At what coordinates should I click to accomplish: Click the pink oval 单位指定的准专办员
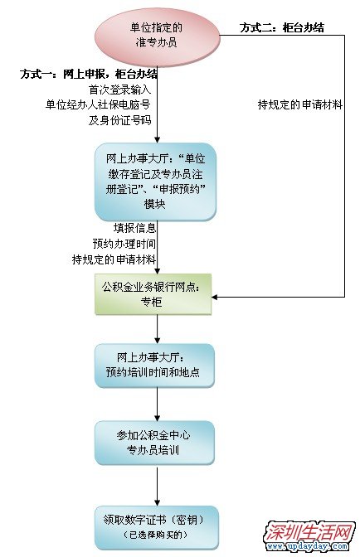click(157, 36)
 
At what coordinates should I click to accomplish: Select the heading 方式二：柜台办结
click(282, 27)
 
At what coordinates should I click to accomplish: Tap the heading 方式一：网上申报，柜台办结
click(89, 74)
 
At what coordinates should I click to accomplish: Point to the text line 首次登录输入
click(119, 90)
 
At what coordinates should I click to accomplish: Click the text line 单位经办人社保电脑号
click(98, 104)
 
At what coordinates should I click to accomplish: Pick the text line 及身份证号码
click(119, 120)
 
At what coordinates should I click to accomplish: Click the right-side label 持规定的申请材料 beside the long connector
click(300, 104)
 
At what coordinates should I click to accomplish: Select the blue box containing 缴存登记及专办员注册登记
click(155, 182)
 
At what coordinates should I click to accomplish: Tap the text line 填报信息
click(134, 228)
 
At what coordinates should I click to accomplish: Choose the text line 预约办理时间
click(124, 244)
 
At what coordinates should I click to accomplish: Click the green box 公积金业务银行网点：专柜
click(153, 294)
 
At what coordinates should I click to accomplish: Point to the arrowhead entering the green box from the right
click(215, 297)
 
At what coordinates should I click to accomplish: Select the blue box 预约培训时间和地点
click(154, 366)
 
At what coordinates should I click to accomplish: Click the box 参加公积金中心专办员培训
click(154, 443)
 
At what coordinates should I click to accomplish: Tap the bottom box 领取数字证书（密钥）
click(157, 527)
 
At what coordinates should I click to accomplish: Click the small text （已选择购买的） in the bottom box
click(156, 535)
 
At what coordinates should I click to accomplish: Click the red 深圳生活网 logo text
click(309, 532)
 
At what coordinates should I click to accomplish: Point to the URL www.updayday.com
click(307, 546)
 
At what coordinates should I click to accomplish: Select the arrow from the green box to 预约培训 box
click(157, 329)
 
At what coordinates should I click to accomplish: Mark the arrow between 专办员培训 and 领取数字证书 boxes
click(157, 485)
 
